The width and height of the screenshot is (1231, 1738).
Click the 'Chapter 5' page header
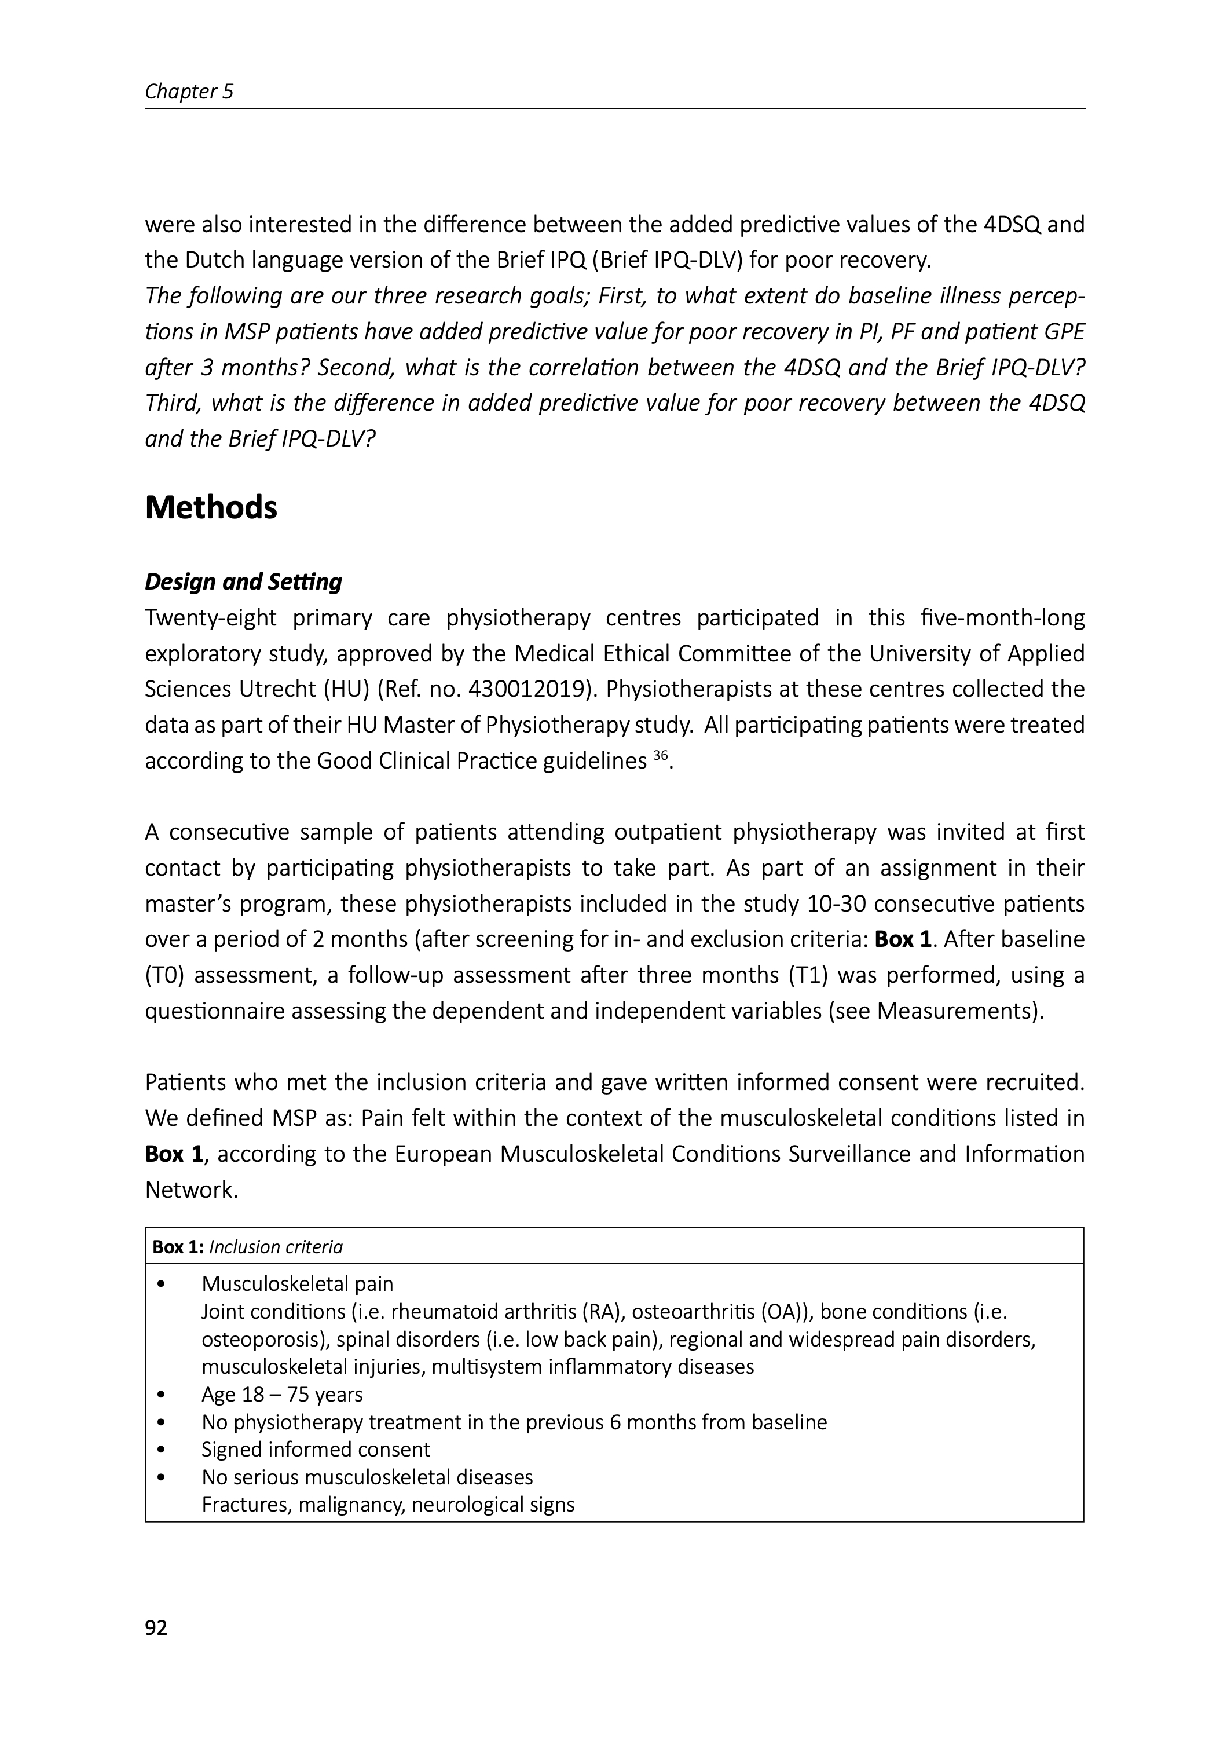[189, 92]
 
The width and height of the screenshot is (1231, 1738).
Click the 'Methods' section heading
[211, 507]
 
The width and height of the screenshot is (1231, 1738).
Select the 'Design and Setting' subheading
[243, 581]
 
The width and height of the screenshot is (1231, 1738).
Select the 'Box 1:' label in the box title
[178, 1247]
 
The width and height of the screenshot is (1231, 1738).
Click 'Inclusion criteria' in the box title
[276, 1247]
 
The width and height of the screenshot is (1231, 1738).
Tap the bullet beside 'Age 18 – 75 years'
[161, 1395]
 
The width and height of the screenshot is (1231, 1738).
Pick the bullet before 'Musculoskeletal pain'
[161, 1284]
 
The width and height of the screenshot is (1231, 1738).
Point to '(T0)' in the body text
[162, 975]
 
